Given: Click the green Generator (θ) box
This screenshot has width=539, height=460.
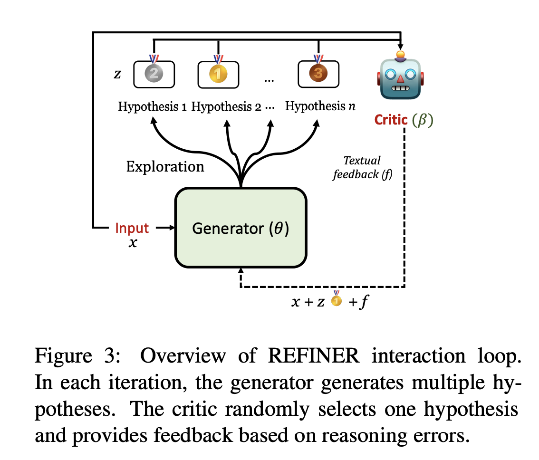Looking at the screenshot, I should coord(241,229).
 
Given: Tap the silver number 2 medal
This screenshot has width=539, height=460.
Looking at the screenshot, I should coord(154,74).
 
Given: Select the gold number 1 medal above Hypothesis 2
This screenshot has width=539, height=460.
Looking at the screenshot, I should coord(218,74).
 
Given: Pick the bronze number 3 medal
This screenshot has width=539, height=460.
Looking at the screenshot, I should coord(318,74).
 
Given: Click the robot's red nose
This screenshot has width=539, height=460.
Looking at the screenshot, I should coord(399,78).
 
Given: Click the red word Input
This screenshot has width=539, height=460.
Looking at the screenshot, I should coord(132,228).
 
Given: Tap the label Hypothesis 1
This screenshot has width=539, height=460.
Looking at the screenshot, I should coord(152,106).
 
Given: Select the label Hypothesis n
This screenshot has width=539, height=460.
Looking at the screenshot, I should coord(320,106).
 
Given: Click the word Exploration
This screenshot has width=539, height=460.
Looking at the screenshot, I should coord(165,167).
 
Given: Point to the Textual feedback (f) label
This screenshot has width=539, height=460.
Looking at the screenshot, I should coord(363,167).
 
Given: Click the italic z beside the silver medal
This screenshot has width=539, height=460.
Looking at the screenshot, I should coord(117,74).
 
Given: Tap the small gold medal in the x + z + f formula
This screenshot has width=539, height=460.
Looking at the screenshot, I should coord(337,300).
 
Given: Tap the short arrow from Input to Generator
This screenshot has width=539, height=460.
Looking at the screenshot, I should coord(165,228).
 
